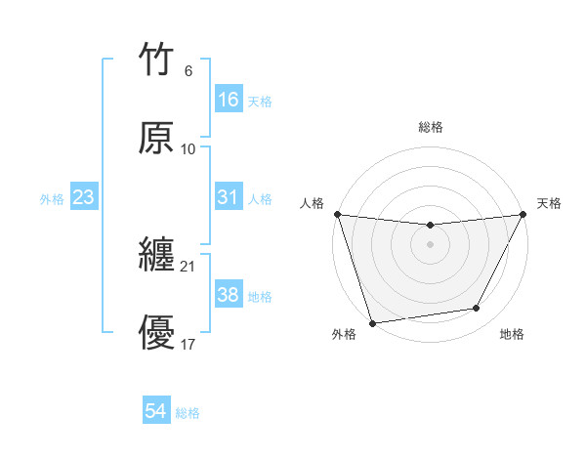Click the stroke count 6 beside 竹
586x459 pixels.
188,71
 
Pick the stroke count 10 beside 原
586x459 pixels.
188,148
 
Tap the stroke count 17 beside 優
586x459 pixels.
188,343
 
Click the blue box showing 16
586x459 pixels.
229,100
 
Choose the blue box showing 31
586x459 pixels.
229,197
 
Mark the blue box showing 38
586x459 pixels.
229,295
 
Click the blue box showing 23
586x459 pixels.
84,197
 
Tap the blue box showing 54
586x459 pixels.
156,411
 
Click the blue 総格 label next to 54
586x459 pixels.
188,413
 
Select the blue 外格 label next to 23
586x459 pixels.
52,199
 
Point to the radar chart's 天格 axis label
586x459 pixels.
549,203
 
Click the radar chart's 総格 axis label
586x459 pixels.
431,127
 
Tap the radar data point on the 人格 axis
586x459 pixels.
337,214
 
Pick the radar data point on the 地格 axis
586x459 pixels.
477,309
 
